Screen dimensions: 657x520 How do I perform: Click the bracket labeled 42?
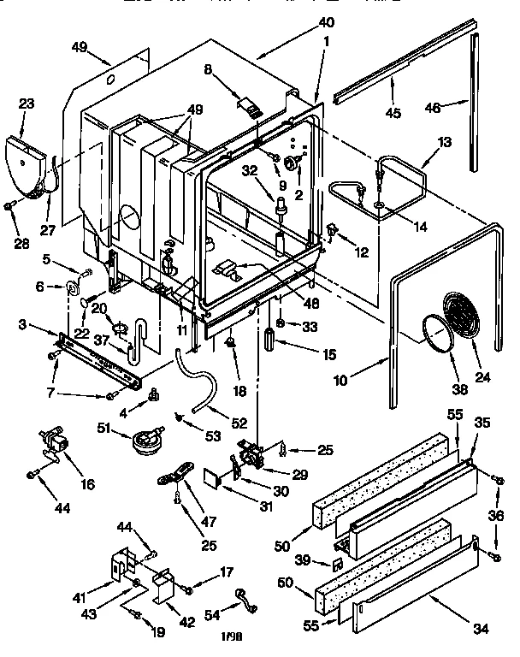(x=162, y=586)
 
